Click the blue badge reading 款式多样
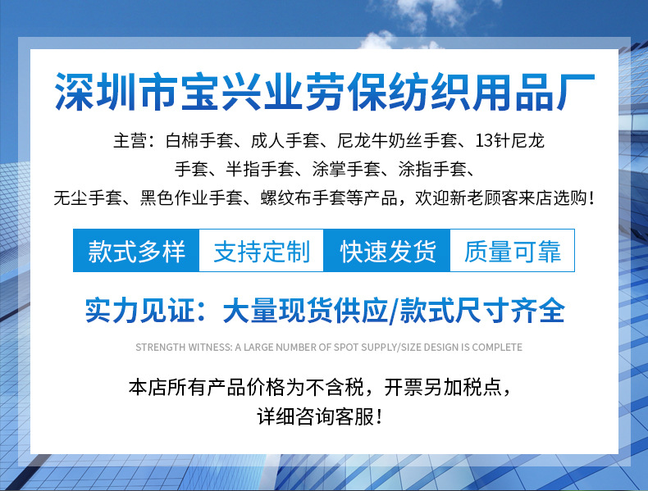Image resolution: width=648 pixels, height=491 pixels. (x=136, y=251)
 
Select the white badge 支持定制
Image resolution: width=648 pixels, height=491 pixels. (x=261, y=251)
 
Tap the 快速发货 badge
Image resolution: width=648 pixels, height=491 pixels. (x=387, y=251)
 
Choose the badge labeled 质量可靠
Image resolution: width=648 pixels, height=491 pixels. (x=512, y=251)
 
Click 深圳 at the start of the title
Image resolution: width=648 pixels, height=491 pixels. (x=95, y=92)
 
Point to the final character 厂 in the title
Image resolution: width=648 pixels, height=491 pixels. (x=576, y=92)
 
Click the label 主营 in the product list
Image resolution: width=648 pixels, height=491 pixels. (x=130, y=141)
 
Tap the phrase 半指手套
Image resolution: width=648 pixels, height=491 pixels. (x=259, y=170)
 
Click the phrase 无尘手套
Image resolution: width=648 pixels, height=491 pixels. (x=88, y=198)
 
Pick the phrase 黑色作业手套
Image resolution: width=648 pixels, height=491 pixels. (x=191, y=198)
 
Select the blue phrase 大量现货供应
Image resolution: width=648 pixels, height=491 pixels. (x=305, y=310)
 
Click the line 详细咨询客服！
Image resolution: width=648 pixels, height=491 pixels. (x=319, y=416)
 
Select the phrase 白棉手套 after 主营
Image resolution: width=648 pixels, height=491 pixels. (x=199, y=141)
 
